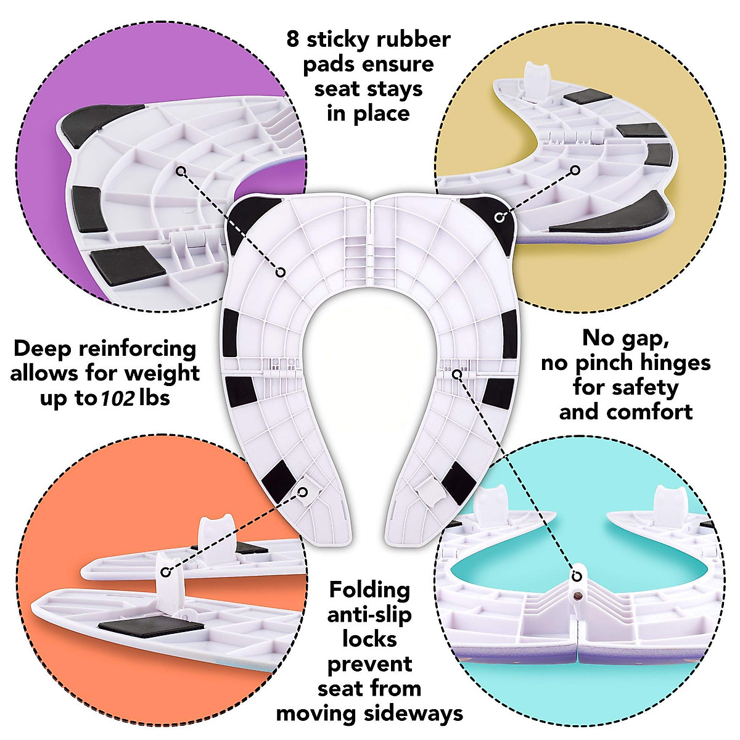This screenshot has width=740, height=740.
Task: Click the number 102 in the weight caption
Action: [x=118, y=398]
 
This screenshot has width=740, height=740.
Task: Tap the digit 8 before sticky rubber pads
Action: [x=293, y=39]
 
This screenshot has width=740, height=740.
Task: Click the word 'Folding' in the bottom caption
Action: [x=369, y=590]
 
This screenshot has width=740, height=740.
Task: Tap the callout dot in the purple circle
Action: [x=181, y=170]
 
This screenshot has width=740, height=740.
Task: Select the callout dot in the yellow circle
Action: [x=575, y=170]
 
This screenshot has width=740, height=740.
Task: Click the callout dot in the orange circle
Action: [x=165, y=572]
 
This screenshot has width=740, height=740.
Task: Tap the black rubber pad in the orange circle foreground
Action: [x=151, y=627]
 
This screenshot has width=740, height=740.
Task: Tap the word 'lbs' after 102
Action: [x=154, y=398]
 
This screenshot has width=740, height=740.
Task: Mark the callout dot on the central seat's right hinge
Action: [x=457, y=374]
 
